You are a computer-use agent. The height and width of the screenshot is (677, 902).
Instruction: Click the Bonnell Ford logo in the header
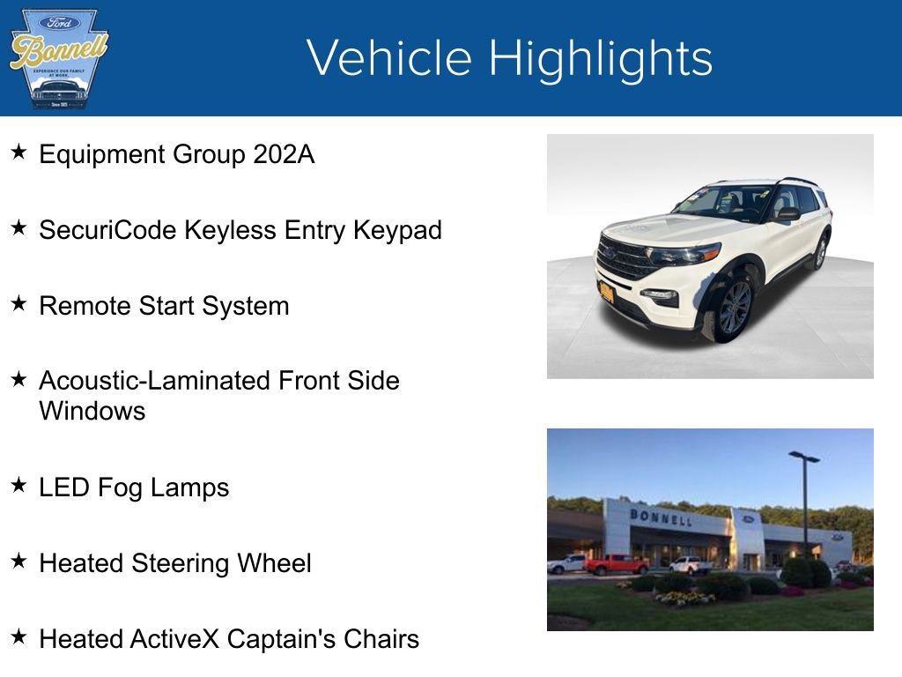click(58, 58)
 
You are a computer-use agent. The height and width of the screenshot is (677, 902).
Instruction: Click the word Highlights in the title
click(600, 58)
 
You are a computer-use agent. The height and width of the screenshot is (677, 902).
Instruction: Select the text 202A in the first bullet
click(283, 155)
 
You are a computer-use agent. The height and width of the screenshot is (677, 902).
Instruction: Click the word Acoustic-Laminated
click(155, 381)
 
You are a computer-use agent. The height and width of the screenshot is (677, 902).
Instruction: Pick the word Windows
click(92, 412)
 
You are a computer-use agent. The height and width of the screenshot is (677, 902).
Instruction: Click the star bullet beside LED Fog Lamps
click(18, 486)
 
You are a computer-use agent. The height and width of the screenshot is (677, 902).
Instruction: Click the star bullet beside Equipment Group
click(18, 153)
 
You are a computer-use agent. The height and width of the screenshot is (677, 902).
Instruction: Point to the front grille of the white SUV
click(624, 258)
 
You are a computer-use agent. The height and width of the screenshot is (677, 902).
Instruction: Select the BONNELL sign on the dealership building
click(660, 517)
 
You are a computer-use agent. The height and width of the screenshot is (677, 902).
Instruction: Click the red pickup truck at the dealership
click(617, 564)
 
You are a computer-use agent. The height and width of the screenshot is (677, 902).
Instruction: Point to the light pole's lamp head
click(803, 457)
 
